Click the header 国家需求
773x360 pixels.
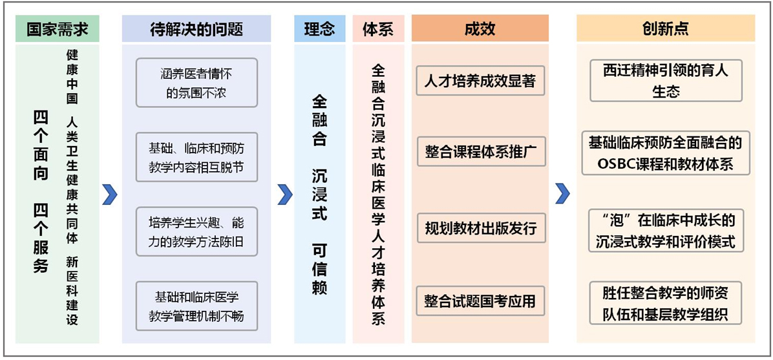[x=57, y=29]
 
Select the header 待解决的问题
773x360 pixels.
[x=196, y=29]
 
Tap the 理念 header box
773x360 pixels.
[x=319, y=29]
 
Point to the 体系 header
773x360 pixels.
[x=378, y=29]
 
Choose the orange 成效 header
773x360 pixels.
[x=480, y=29]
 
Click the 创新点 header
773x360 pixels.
[x=666, y=29]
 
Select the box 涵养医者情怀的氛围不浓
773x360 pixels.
[x=196, y=83]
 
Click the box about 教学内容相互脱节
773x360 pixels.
[x=196, y=157]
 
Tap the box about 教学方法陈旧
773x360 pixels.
[x=196, y=232]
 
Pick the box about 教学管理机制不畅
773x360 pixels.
[x=196, y=306]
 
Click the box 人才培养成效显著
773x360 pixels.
[x=481, y=80]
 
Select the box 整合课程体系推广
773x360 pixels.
[x=481, y=151]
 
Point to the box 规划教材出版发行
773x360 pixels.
[x=481, y=228]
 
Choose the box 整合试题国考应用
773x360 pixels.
[x=481, y=301]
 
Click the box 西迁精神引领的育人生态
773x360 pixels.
[x=666, y=80]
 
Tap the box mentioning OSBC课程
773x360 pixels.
[x=666, y=153]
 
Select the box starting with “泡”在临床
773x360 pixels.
[x=666, y=231]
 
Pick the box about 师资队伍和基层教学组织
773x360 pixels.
[x=666, y=303]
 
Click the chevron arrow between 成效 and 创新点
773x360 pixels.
[x=562, y=194]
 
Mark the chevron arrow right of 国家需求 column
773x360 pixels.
[x=110, y=194]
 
